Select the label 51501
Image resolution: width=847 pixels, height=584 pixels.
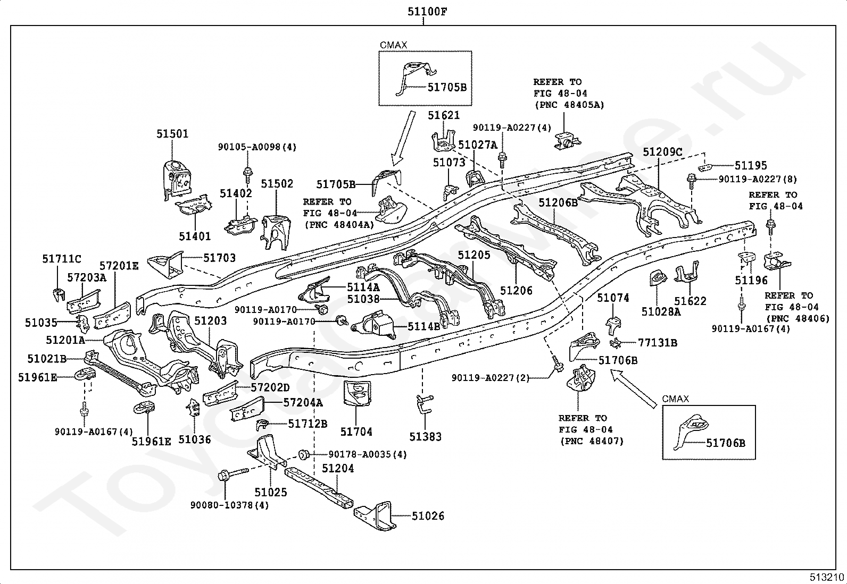pos(172,134)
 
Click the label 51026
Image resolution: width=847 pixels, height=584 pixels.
pos(427,515)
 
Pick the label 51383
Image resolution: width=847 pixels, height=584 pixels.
pos(426,437)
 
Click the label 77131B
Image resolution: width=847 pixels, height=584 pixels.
pos(658,343)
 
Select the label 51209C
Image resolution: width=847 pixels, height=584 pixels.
pos(662,151)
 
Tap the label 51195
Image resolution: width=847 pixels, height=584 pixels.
pos(751,165)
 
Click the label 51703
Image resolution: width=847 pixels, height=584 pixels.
pos(219,258)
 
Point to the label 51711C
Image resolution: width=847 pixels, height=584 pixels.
pos(62,259)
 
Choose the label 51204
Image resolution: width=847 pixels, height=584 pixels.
pos(338,468)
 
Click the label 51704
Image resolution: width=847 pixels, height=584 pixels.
pos(356,432)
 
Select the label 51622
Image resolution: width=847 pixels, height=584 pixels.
pos(690,301)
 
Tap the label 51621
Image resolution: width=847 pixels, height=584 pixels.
pos(444,115)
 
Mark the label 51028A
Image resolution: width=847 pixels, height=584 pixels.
pos(661,312)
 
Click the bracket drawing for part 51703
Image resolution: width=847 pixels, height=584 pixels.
pos(165,265)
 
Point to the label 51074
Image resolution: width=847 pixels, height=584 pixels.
pos(613,298)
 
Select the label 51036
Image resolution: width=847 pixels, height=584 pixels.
pos(195,439)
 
